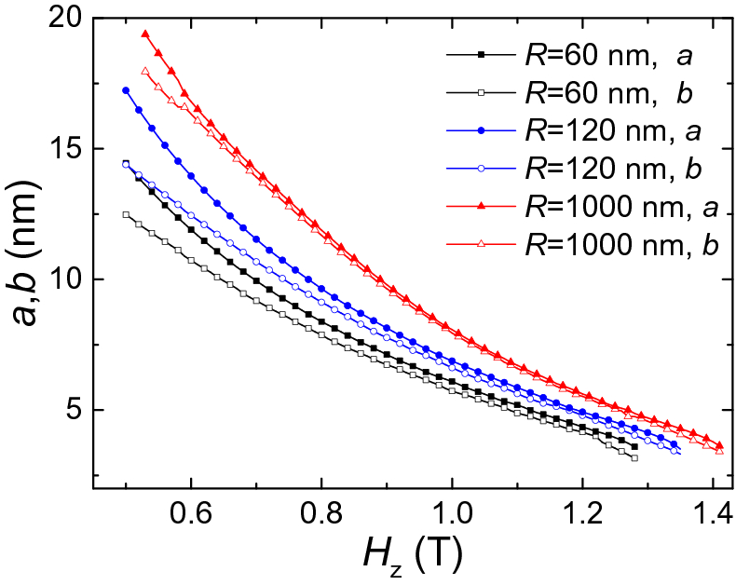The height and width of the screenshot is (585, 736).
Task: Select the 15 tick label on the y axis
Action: pos(63,149)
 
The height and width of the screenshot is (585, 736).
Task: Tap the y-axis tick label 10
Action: pos(63,279)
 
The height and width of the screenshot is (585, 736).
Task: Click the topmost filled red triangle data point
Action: pos(145,34)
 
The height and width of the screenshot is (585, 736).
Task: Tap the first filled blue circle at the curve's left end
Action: pos(126,90)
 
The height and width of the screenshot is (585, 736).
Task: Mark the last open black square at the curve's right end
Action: pos(634,457)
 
